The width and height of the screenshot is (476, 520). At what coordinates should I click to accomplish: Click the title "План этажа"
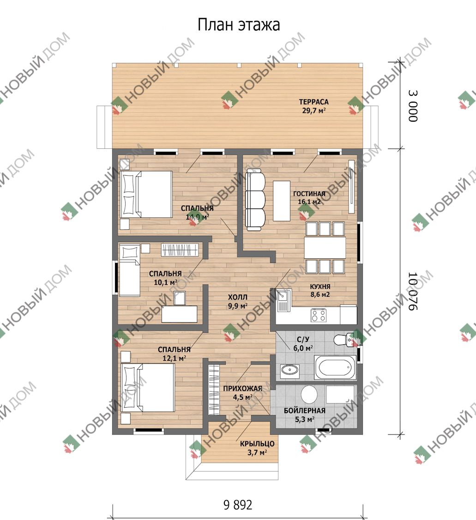239,25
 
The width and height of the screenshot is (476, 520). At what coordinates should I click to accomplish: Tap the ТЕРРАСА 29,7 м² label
313,106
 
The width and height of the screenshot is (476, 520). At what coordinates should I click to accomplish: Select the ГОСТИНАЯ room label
309,194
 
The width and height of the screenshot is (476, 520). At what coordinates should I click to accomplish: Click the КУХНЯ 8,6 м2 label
320,291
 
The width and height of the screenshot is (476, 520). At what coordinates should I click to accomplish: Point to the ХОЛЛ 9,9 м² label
237,301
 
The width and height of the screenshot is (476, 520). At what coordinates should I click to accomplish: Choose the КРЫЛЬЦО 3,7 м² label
257,448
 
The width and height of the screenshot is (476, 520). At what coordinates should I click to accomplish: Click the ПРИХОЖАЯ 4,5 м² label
242,392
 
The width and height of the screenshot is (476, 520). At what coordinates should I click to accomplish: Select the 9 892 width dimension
238,505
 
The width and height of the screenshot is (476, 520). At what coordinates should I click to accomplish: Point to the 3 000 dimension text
413,106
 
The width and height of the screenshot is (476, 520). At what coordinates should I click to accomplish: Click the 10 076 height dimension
413,292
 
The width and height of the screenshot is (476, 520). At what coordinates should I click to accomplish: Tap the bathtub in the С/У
335,367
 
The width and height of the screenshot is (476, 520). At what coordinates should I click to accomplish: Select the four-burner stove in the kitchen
319,315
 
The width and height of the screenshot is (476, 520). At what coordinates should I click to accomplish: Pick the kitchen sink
283,301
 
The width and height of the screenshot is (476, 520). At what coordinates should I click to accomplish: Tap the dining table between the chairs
325,247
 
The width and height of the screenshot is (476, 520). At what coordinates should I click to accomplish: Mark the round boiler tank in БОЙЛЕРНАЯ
309,395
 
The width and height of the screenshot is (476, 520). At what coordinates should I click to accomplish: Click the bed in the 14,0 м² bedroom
146,194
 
